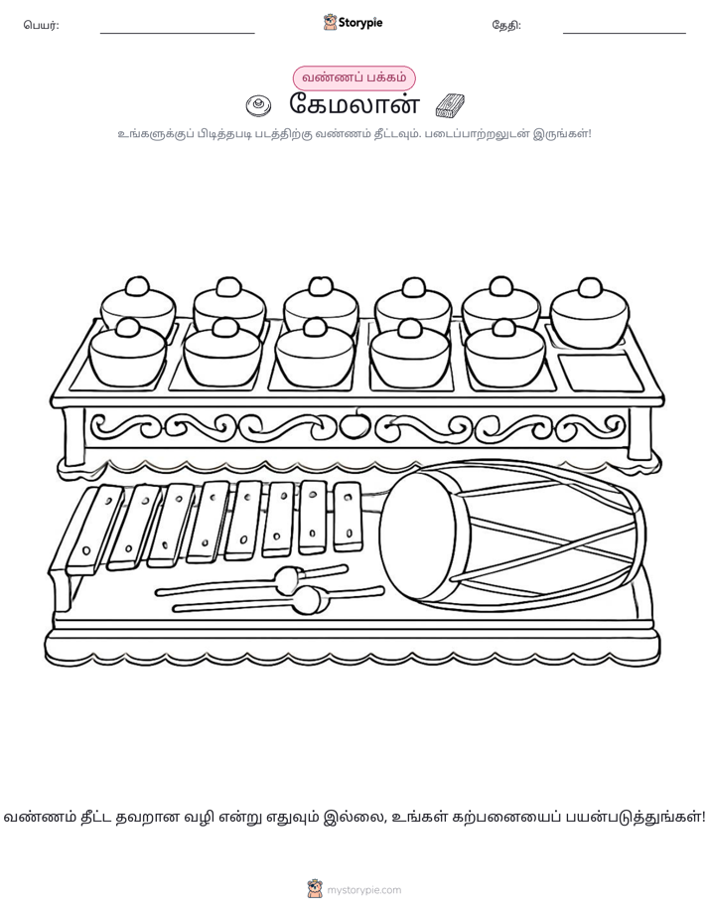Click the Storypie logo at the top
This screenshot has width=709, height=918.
point(353,23)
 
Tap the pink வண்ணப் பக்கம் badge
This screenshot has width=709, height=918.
point(354,77)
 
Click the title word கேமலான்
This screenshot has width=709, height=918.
point(354,104)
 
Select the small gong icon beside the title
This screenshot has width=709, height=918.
point(258,105)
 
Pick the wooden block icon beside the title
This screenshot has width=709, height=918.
point(450,105)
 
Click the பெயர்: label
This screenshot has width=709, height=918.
point(41,25)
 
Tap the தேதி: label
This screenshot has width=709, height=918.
point(506,25)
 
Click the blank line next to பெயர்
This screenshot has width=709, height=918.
point(177,33)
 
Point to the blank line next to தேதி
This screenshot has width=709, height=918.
point(625,33)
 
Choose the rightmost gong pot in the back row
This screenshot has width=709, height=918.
point(590,314)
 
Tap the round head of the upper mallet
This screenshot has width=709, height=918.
point(287,578)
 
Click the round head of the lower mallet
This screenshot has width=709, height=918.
point(308,600)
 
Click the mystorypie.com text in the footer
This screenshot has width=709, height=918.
point(363,890)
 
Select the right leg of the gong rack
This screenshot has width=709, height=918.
point(639,434)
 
